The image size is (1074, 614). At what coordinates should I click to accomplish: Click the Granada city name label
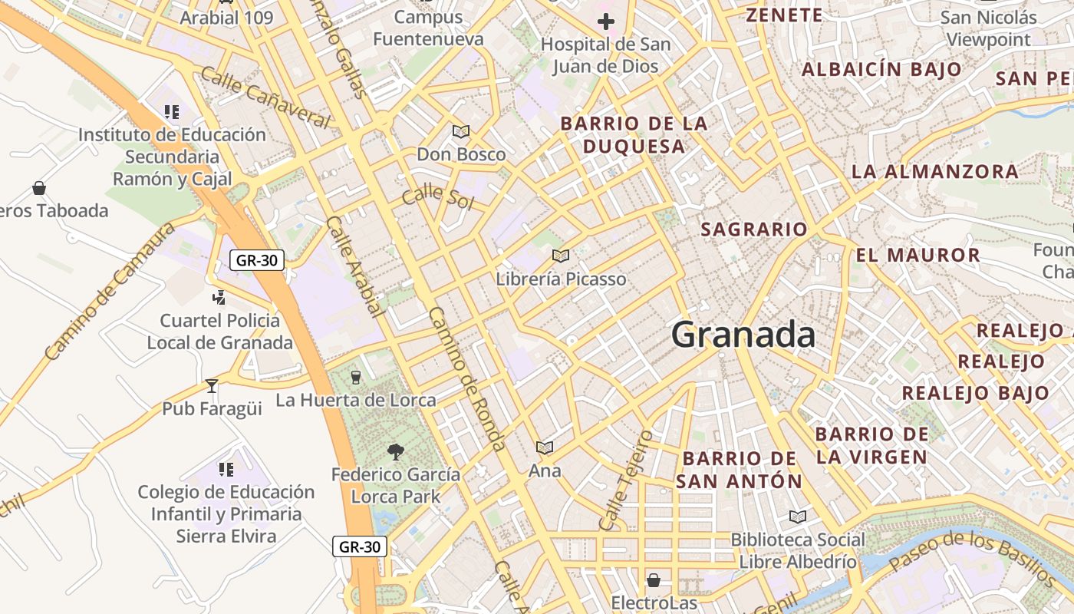click(x=743, y=335)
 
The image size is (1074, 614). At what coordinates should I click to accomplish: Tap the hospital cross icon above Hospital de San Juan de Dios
click(x=606, y=21)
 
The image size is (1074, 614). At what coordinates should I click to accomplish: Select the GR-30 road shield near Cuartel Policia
click(x=257, y=260)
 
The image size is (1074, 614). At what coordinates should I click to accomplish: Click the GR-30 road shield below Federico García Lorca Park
click(x=360, y=546)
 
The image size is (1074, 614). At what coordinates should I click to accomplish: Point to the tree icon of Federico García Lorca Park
click(x=396, y=451)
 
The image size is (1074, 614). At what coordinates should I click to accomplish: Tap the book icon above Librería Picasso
click(x=561, y=256)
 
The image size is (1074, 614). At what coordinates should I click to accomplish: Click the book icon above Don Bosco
click(x=461, y=131)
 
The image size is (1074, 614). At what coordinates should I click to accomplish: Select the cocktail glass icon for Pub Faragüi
click(x=212, y=385)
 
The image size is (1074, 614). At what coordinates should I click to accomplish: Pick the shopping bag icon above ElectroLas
click(x=654, y=579)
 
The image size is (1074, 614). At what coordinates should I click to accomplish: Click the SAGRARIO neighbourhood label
click(x=754, y=229)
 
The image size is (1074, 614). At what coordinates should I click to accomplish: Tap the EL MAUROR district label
click(x=918, y=255)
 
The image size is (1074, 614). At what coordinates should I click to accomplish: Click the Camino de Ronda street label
click(x=467, y=379)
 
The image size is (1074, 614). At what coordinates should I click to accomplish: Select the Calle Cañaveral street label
click(x=265, y=97)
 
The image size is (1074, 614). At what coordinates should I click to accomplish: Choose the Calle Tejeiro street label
click(x=625, y=480)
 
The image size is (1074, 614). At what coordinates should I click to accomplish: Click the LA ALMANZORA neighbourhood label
click(x=935, y=171)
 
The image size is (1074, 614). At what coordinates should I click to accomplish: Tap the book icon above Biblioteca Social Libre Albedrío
click(x=798, y=517)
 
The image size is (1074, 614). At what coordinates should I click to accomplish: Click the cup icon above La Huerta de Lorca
click(x=355, y=377)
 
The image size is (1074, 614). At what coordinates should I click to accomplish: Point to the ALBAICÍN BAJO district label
click(x=881, y=69)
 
